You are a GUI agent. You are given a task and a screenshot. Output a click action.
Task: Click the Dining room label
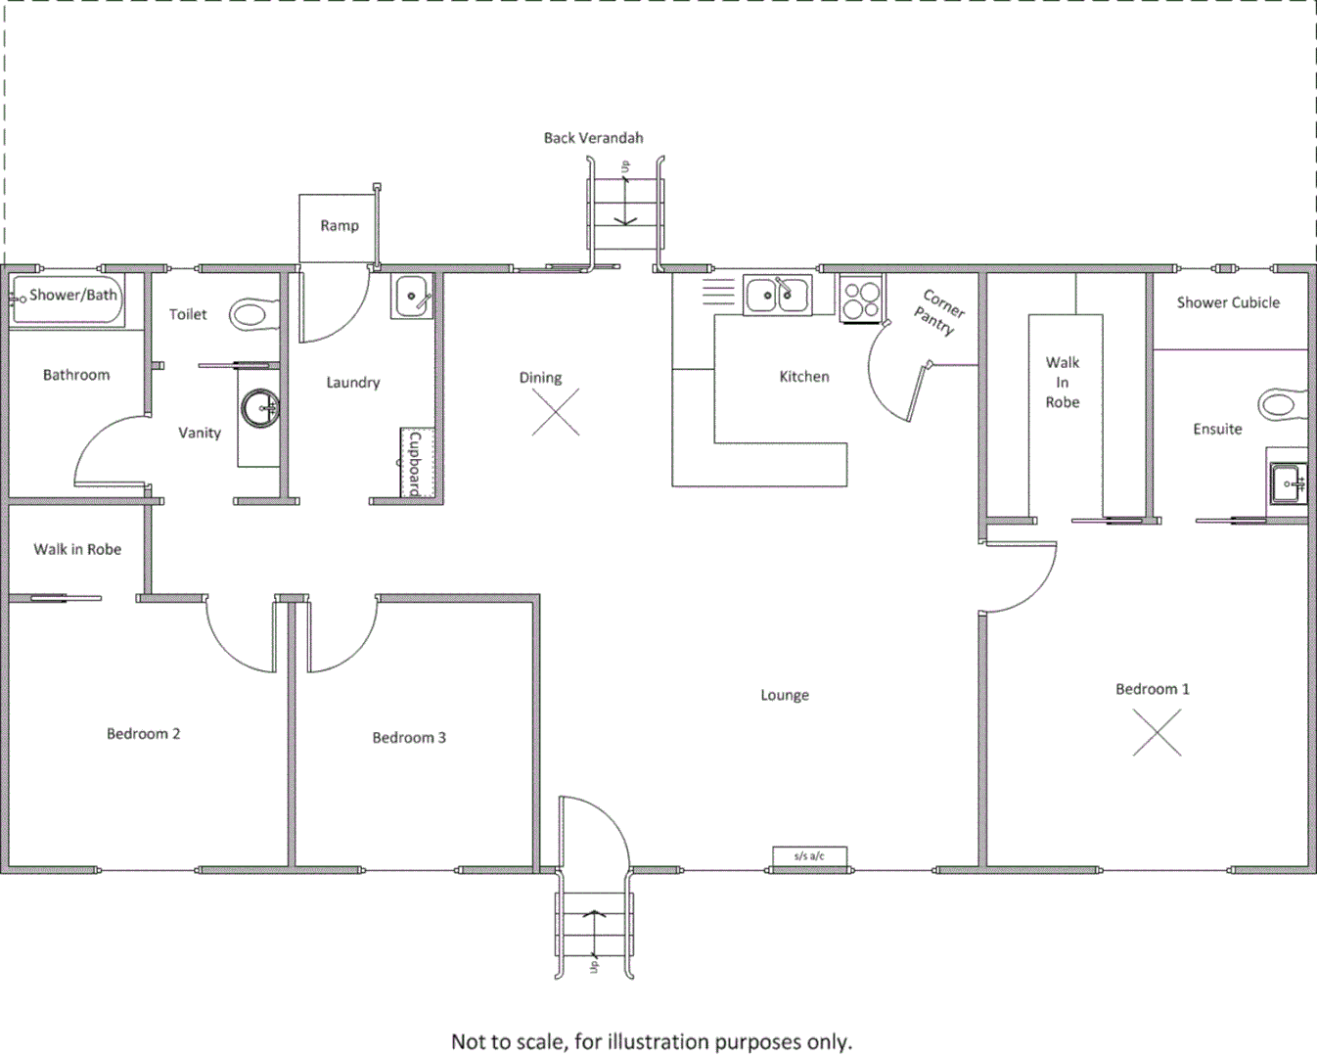click(x=540, y=378)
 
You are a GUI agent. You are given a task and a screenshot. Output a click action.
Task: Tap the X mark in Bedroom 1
click(x=1157, y=732)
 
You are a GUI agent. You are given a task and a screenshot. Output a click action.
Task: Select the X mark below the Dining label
click(x=556, y=412)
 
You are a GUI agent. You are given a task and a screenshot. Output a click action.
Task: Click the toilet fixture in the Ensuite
click(x=1283, y=403)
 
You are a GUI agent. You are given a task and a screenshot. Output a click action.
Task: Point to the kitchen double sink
click(x=777, y=295)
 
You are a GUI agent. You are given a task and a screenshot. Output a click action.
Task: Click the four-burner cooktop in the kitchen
click(x=861, y=299)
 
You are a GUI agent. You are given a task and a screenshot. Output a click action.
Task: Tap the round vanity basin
click(x=260, y=409)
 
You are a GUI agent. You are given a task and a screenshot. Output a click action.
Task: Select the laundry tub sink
click(x=412, y=296)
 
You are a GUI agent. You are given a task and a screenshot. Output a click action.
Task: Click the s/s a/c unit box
click(x=809, y=856)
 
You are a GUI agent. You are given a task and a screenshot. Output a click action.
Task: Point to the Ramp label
click(x=340, y=226)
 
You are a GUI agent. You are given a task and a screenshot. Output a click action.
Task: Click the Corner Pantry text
click(x=939, y=311)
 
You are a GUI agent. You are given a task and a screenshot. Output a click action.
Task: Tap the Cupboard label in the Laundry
click(x=415, y=463)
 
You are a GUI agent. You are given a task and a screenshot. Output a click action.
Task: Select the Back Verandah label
click(x=593, y=138)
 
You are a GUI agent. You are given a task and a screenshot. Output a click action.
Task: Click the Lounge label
click(x=785, y=695)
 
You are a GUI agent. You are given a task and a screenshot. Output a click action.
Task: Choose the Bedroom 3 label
click(x=409, y=738)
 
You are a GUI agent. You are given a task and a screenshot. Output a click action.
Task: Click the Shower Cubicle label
click(x=1228, y=302)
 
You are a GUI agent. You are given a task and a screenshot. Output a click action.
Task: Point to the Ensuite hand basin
click(x=1288, y=483)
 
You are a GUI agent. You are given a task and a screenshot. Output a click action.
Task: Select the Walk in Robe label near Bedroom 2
click(x=77, y=549)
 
